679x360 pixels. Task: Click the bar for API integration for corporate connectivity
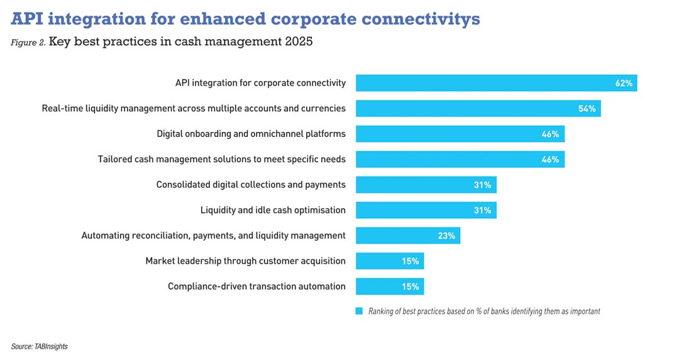[x=496, y=83]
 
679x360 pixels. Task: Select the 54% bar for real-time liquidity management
[x=478, y=108]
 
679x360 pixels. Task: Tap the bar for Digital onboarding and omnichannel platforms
[x=460, y=134]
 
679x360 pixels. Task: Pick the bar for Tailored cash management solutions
[x=460, y=159]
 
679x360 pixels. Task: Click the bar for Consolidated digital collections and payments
[x=426, y=185]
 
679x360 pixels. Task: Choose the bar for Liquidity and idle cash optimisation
[x=426, y=210]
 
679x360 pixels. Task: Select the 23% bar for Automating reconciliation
[x=407, y=236]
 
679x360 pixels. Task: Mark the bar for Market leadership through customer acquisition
[x=389, y=261]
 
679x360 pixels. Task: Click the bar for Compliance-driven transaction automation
[x=389, y=286]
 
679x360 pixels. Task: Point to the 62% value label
[x=624, y=83]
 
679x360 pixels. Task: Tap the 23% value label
[x=446, y=236]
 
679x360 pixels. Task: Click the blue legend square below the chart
[x=360, y=311]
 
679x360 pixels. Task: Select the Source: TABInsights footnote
[x=39, y=346]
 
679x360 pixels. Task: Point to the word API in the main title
[x=27, y=19]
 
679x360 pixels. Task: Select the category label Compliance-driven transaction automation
[x=257, y=286]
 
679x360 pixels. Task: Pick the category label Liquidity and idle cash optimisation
[x=273, y=210]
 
